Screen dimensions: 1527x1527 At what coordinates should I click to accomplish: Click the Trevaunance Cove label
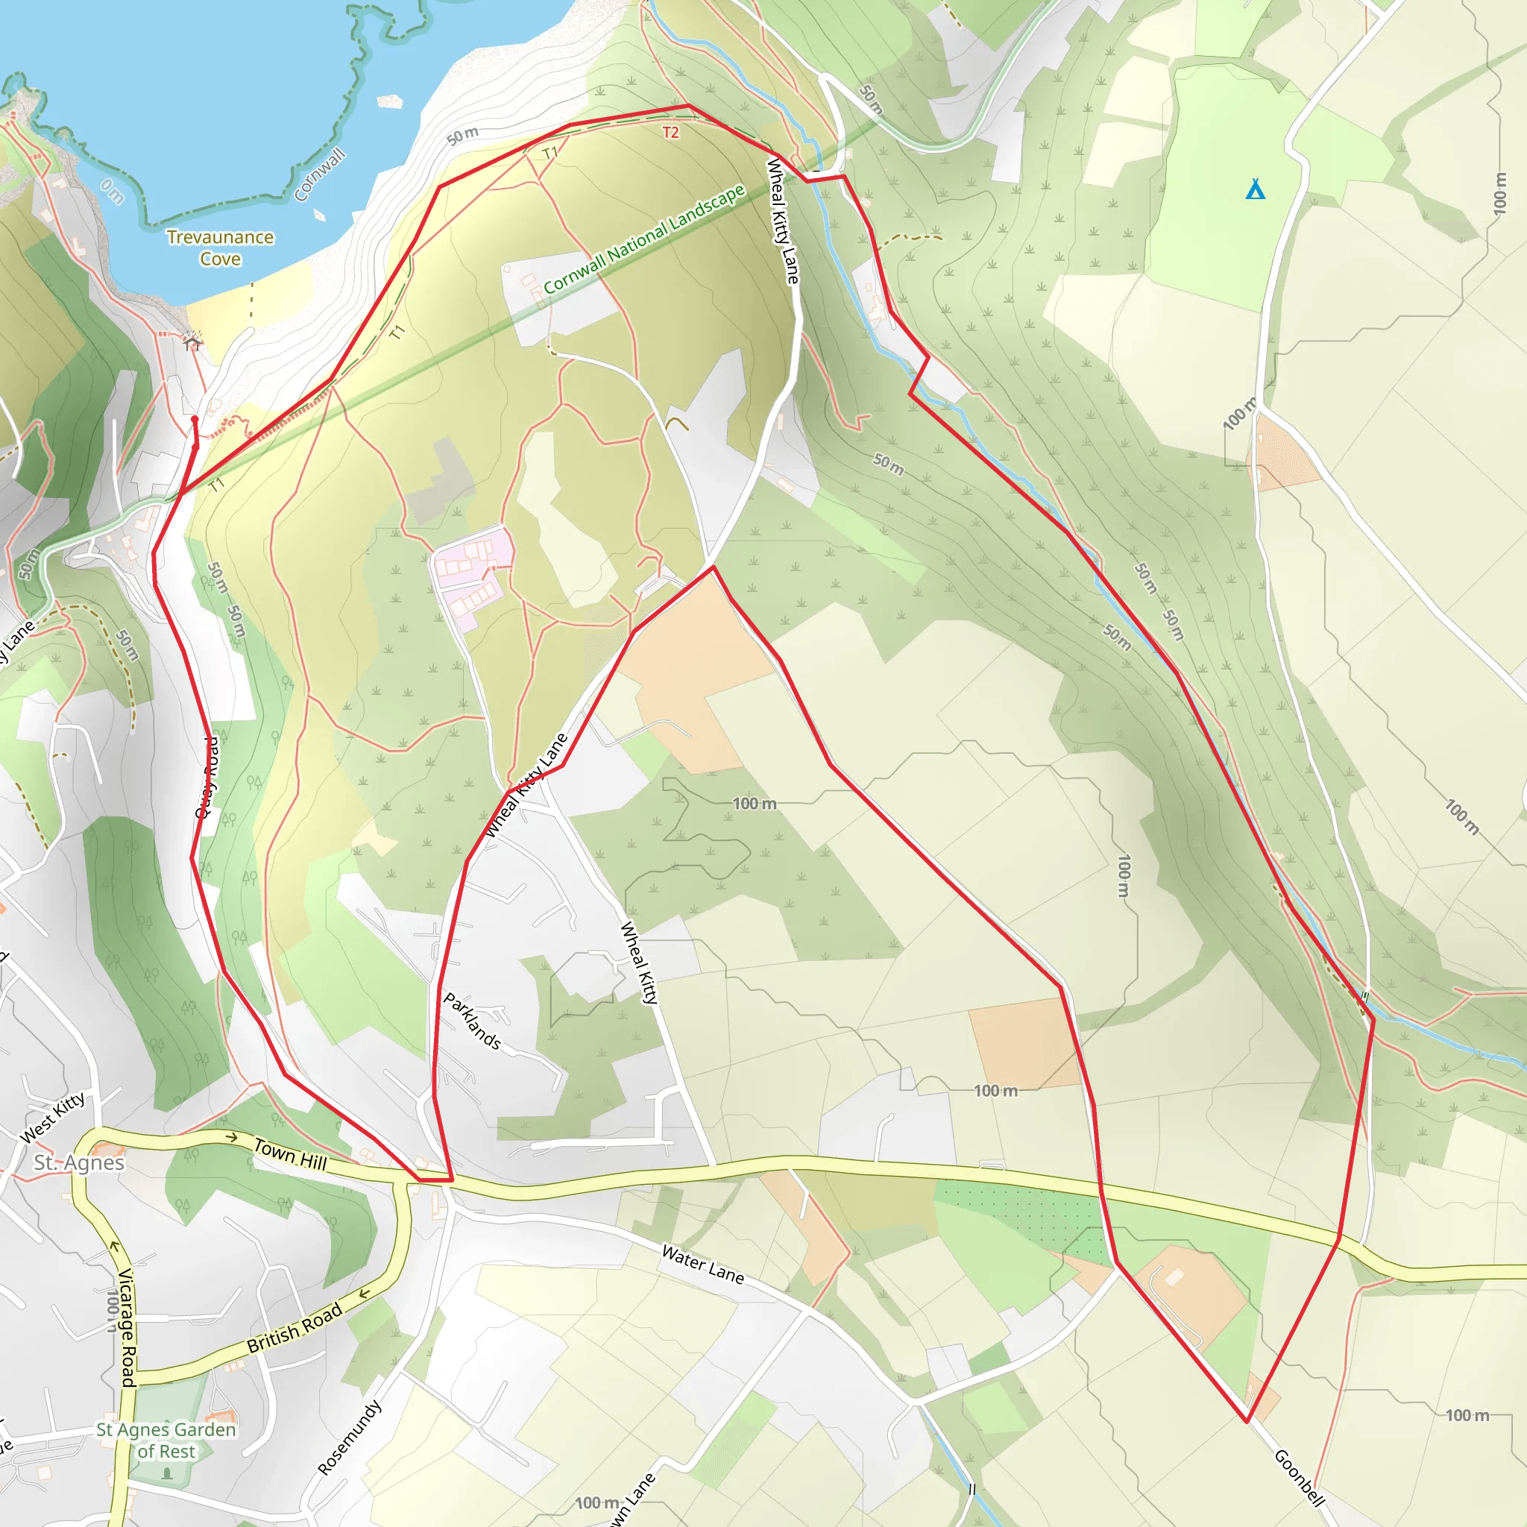point(220,248)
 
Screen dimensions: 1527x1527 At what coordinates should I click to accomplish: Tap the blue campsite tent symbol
point(1255,189)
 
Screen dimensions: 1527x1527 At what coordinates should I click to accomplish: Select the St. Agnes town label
point(79,1162)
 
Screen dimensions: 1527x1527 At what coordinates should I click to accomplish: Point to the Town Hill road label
point(290,1153)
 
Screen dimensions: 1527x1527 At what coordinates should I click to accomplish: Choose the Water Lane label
point(702,1264)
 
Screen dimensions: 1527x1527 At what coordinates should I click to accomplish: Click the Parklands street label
point(472,1021)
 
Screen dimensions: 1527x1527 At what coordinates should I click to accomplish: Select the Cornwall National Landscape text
point(644,238)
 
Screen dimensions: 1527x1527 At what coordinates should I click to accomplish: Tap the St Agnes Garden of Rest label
point(166,1440)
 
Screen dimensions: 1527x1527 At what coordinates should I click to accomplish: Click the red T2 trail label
point(670,132)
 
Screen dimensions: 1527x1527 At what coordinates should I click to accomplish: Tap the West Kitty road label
point(52,1118)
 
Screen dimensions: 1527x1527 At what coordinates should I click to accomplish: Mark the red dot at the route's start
point(195,419)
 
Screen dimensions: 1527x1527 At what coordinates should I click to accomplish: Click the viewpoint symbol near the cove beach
point(192,340)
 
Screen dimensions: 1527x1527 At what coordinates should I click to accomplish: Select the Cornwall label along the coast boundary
point(319,174)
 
